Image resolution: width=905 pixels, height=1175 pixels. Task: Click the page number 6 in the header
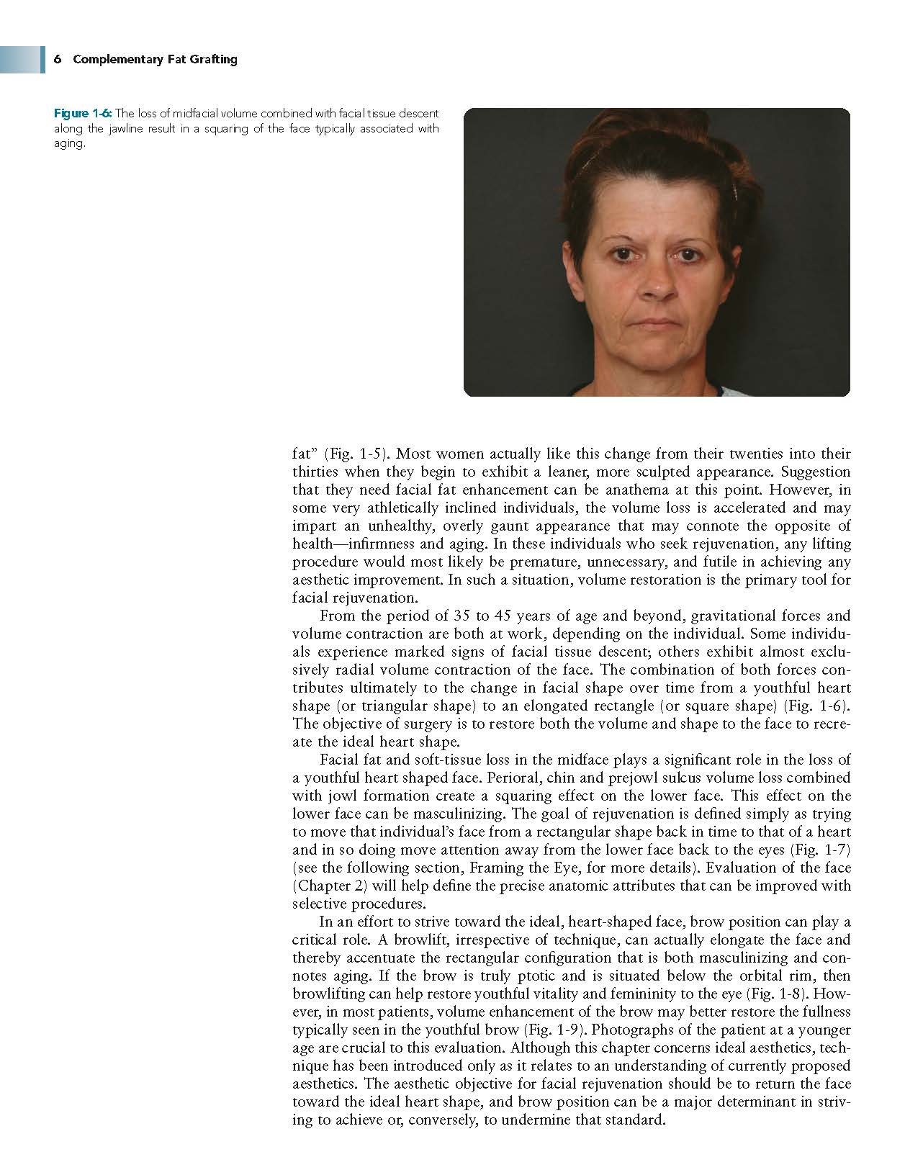[x=56, y=59]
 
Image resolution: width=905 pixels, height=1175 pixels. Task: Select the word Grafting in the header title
[x=213, y=59]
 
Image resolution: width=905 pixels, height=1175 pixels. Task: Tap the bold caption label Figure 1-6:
[x=84, y=113]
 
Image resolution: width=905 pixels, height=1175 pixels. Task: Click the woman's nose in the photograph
[x=654, y=284]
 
